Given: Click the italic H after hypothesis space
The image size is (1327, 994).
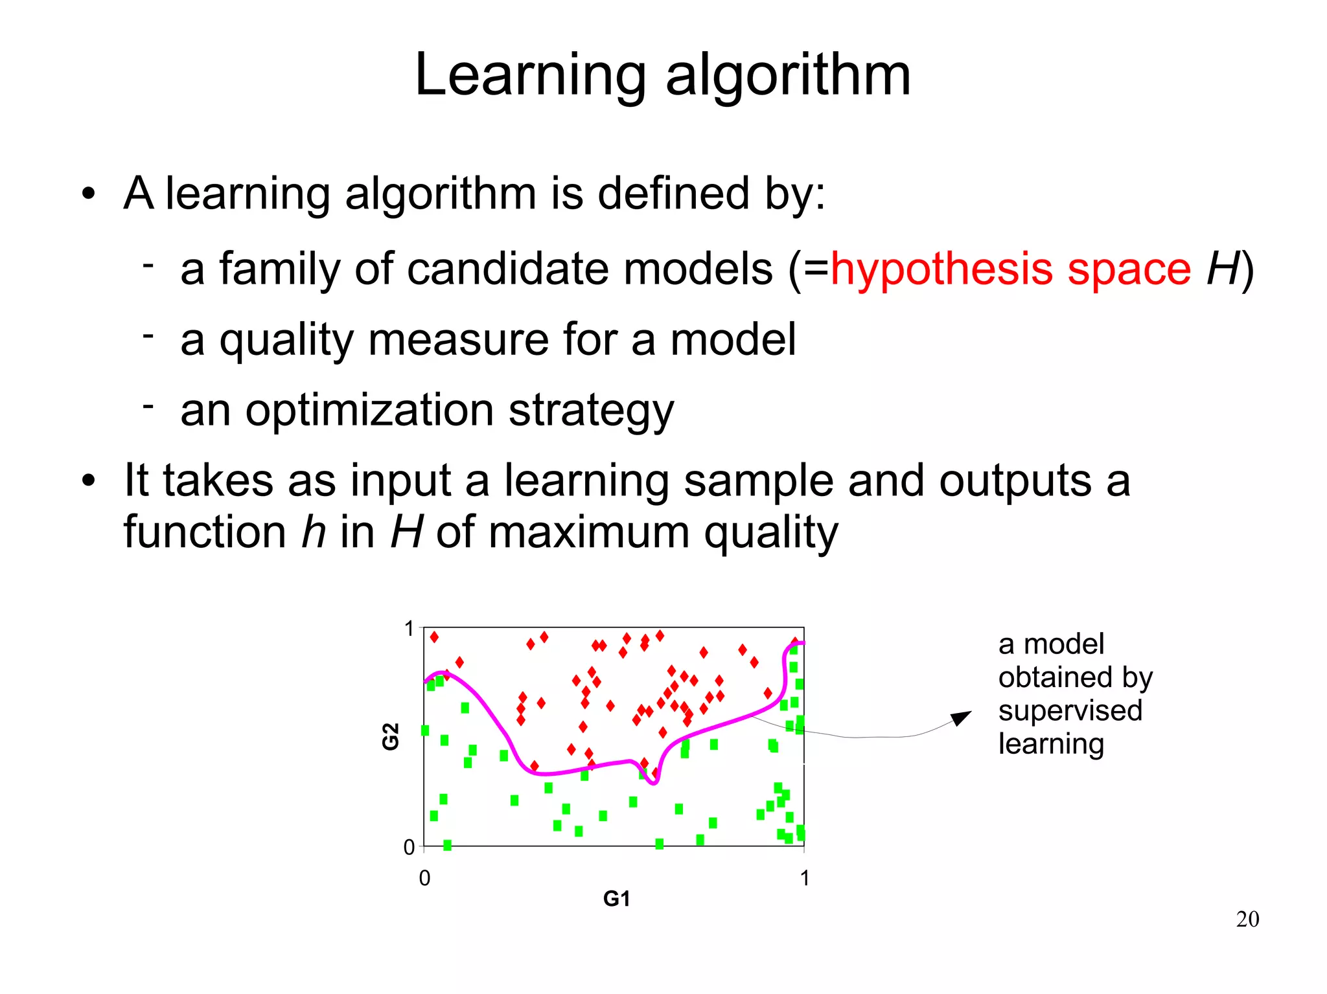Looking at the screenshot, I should [1222, 269].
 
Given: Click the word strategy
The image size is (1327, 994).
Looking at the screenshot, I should [591, 412].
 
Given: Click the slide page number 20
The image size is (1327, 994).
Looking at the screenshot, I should [1247, 919].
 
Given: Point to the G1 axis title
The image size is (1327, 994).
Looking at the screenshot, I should [616, 898].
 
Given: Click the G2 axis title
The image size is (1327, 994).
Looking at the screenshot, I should [391, 736].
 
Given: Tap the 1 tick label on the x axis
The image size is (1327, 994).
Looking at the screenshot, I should [804, 878].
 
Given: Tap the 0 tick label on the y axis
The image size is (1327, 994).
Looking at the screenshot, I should [409, 847].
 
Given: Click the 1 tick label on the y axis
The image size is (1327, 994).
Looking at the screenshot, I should [409, 628].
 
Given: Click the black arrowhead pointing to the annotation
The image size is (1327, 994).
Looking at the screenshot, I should [962, 717].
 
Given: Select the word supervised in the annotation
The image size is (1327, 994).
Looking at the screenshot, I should [1070, 710].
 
